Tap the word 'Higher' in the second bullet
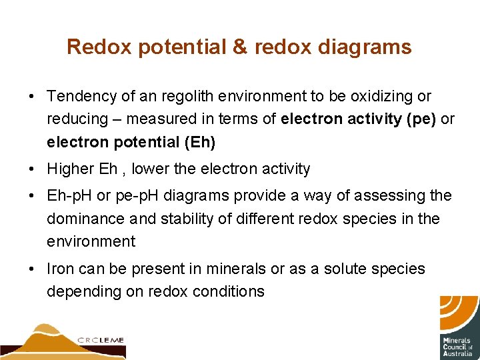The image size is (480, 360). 69,169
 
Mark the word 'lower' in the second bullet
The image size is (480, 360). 150,169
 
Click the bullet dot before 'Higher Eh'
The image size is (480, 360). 32,169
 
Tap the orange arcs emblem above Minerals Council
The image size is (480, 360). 459,313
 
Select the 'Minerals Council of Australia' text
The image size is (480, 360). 458,346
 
